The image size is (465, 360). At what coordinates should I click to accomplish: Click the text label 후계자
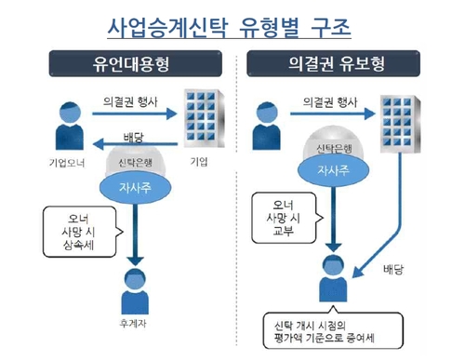coord(137,317)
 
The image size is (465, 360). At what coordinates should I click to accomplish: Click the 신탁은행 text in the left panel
coord(137,161)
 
